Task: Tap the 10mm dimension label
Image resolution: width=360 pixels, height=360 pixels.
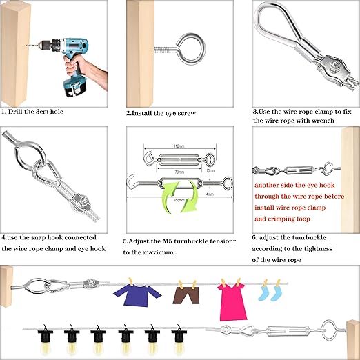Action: [x=210, y=169]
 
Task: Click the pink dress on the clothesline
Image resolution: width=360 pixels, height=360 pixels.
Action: [x=232, y=299]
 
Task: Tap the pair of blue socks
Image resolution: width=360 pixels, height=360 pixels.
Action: [x=268, y=293]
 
